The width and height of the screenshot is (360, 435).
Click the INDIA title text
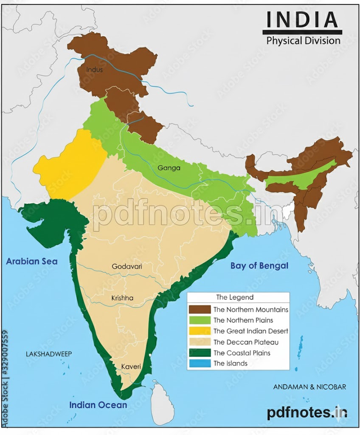[x=302, y=20]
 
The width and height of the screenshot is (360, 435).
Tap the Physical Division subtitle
[x=303, y=41]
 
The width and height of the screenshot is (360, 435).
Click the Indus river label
[x=94, y=69]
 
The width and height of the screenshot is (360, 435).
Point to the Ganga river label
[x=169, y=168]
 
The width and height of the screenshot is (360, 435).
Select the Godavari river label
[x=127, y=266]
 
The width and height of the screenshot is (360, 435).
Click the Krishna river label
[x=122, y=298]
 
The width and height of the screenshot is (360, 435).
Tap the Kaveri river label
[x=131, y=366]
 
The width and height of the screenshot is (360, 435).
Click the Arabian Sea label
[x=32, y=261]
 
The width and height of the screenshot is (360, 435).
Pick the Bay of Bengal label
[x=259, y=266]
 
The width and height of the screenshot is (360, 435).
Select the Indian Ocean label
[x=98, y=405]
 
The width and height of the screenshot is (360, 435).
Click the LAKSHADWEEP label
[x=49, y=354]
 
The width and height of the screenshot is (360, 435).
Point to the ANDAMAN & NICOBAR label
[x=309, y=387]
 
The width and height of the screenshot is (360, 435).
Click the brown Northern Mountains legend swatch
[x=200, y=310]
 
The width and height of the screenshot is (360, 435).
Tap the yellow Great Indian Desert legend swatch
[x=200, y=331]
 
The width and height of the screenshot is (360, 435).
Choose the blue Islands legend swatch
[x=200, y=363]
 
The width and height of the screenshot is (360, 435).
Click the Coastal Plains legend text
[x=242, y=353]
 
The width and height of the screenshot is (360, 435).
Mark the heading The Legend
[x=235, y=297]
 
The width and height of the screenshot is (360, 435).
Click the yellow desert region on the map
[x=70, y=166]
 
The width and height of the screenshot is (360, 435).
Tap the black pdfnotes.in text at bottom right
[x=307, y=412]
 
